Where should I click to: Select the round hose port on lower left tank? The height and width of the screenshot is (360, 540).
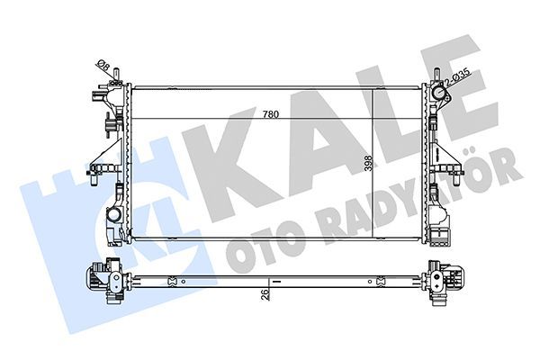pyautogui.click(x=114, y=217)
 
